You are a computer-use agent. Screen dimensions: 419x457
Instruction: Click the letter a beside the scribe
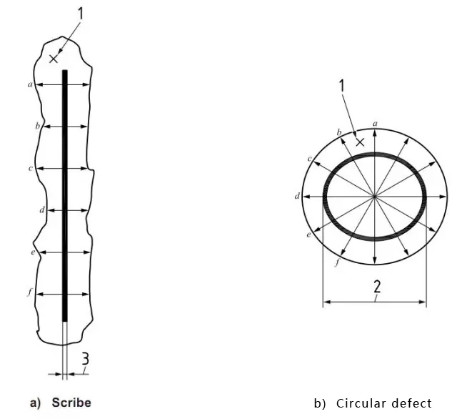click(30, 84)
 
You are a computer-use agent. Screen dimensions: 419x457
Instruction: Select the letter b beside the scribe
click(36, 126)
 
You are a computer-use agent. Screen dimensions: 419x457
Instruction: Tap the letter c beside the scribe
click(30, 168)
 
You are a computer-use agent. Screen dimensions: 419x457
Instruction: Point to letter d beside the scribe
click(42, 210)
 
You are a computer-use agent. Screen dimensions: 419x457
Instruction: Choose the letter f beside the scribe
click(30, 293)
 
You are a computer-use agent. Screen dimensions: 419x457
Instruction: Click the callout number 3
click(85, 359)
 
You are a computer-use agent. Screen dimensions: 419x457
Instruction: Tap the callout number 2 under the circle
click(376, 287)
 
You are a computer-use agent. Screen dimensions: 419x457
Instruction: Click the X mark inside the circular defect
click(360, 142)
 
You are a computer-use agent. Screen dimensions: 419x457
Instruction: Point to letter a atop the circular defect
click(376, 123)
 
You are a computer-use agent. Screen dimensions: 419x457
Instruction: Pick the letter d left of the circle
click(297, 194)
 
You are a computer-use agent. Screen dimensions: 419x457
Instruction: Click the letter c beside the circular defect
click(309, 158)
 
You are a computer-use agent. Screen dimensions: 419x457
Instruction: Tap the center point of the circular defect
click(375, 195)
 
